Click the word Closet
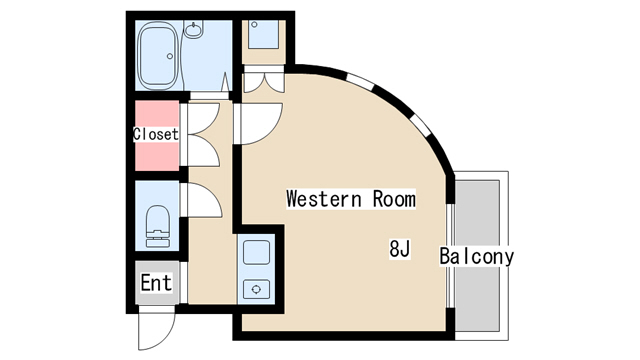(155, 134)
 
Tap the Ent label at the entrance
(156, 283)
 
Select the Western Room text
(350, 198)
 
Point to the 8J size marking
(399, 249)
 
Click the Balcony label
(477, 256)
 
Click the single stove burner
(256, 289)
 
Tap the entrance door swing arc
(156, 324)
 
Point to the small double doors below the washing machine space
(262, 84)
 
